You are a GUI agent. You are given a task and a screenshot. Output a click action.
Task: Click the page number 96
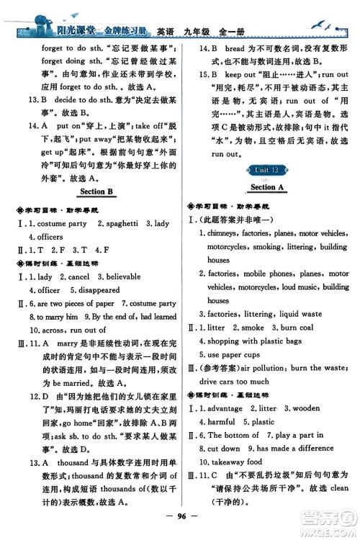(x=179, y=516)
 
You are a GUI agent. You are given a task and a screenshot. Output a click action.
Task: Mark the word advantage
(x=228, y=408)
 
